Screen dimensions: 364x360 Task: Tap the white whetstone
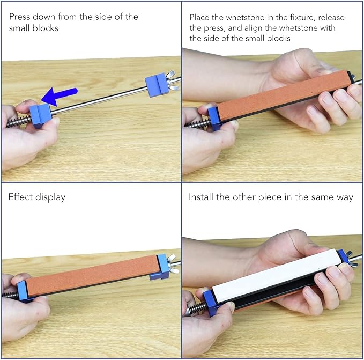pyautogui.click(x=276, y=276)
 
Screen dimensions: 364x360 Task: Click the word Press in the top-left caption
pyautogui.click(x=20, y=17)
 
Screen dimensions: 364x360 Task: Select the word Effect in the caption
pyautogui.click(x=20, y=197)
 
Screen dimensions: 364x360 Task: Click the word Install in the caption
pyautogui.click(x=201, y=197)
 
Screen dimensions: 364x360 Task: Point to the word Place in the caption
pyautogui.click(x=200, y=18)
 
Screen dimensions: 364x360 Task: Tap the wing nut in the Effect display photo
pyautogui.click(x=172, y=263)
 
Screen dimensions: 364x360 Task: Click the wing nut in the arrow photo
pyautogui.click(x=172, y=80)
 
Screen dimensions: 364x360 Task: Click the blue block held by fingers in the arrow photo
pyautogui.click(x=40, y=115)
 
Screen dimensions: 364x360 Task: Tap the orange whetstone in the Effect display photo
pyautogui.click(x=92, y=275)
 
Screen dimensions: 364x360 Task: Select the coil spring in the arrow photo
pyautogui.click(x=19, y=122)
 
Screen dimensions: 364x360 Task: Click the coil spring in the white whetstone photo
pyautogui.click(x=197, y=310)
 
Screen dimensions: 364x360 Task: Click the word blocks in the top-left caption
pyautogui.click(x=45, y=28)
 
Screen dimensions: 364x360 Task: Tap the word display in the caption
pyautogui.click(x=50, y=197)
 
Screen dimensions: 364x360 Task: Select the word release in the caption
pyautogui.click(x=331, y=18)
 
